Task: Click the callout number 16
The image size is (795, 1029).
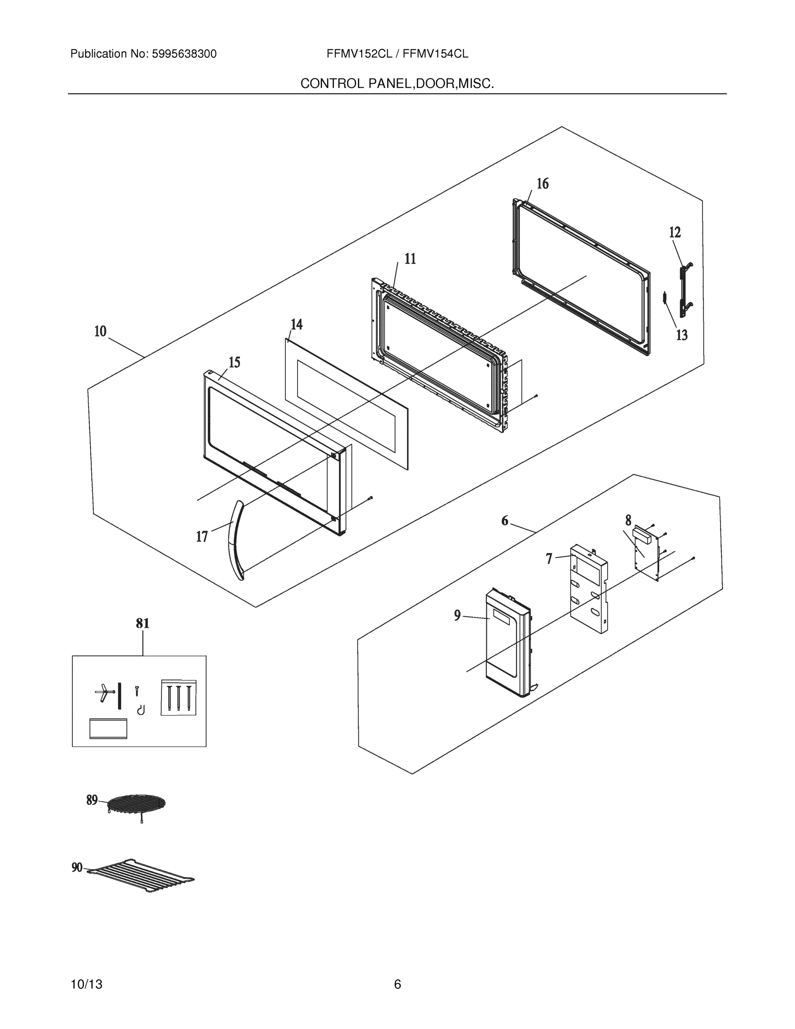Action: click(x=543, y=184)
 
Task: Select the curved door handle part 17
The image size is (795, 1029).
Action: click(x=235, y=540)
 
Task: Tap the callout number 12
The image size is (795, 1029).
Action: click(x=675, y=232)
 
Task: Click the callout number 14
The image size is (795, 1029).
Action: click(x=296, y=324)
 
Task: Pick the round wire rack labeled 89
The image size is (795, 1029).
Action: click(x=136, y=802)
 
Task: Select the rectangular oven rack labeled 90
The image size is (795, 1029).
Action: click(x=141, y=876)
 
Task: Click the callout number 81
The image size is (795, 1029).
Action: click(x=143, y=623)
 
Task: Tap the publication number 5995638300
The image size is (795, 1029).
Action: click(x=184, y=54)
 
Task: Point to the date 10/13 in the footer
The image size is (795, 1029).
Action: click(x=86, y=984)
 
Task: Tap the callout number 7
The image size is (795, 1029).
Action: click(x=549, y=558)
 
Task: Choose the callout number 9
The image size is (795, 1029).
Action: click(x=457, y=615)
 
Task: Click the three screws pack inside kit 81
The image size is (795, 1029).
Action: click(x=178, y=698)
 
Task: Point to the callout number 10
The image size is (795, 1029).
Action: click(x=100, y=331)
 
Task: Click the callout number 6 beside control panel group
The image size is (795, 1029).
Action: click(x=504, y=521)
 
